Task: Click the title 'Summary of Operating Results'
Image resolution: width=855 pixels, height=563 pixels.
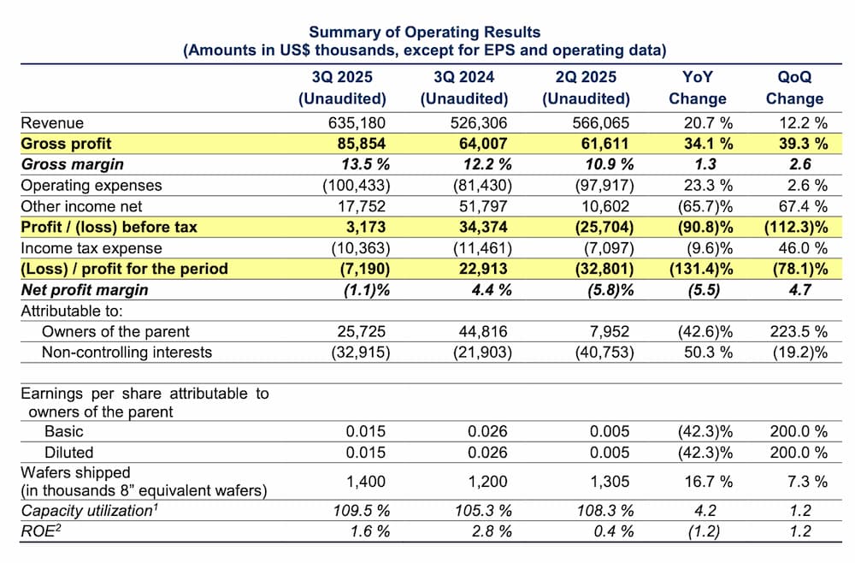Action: pyautogui.click(x=425, y=33)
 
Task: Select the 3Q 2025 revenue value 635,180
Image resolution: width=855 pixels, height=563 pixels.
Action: pyautogui.click(x=357, y=122)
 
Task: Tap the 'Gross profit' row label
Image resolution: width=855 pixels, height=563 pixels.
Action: pyautogui.click(x=66, y=143)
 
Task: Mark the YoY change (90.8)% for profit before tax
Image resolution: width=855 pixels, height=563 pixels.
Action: pyautogui.click(x=701, y=227)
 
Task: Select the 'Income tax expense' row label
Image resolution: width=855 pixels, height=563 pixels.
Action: pyautogui.click(x=91, y=248)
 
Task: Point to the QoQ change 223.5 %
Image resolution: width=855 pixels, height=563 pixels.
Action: pyautogui.click(x=797, y=331)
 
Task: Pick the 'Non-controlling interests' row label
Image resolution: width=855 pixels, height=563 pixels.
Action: pyautogui.click(x=128, y=352)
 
